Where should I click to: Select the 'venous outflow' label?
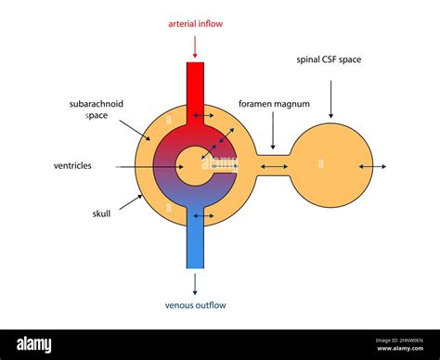195,305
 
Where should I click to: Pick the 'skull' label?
101,213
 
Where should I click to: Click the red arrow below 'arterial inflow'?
195,44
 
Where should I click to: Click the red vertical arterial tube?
195,88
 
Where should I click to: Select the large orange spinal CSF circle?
330,166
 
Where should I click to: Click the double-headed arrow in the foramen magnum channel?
273,167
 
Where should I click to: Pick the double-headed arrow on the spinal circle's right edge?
372,167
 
